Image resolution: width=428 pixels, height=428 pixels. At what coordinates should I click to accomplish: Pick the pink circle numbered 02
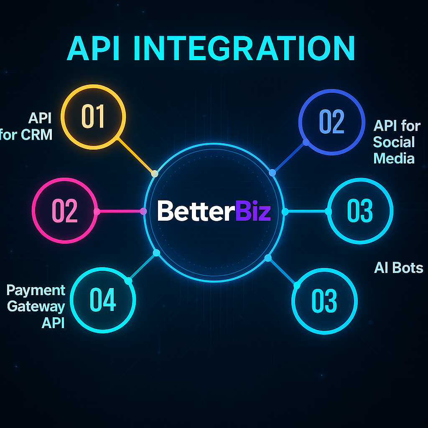65,211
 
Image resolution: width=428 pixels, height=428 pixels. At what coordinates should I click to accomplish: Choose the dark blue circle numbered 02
331,122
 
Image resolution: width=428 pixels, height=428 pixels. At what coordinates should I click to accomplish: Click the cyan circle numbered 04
103,300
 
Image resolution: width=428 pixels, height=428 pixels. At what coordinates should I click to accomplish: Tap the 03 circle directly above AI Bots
360,211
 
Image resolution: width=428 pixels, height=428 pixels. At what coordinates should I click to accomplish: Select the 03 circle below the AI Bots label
324,301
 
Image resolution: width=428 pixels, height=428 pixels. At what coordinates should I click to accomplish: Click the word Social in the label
394,142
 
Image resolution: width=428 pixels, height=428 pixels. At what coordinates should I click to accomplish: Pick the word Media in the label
394,158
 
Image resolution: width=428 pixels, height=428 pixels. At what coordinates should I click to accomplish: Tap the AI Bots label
398,268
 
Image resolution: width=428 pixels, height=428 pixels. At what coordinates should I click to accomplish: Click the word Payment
36,290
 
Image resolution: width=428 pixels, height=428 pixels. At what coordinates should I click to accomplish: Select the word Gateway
36,306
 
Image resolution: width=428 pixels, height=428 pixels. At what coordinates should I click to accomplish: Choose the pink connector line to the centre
120,211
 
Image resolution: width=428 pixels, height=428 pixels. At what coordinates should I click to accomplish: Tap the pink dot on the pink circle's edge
97,211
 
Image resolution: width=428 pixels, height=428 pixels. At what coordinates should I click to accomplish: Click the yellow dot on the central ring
155,173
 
